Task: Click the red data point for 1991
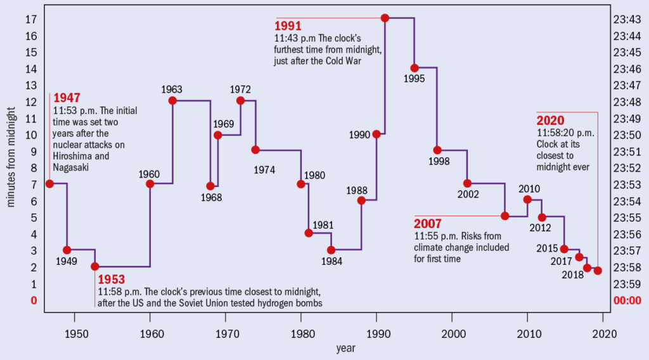click(x=385, y=18)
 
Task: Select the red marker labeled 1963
click(x=172, y=100)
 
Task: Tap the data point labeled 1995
click(x=414, y=68)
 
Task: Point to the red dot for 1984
click(x=331, y=250)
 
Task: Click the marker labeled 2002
click(x=467, y=183)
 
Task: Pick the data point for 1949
click(x=67, y=250)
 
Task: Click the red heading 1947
click(x=67, y=98)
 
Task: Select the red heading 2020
click(x=550, y=121)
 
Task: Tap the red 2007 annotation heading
click(x=428, y=224)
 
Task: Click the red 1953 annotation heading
click(x=112, y=280)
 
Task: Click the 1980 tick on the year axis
click(x=302, y=334)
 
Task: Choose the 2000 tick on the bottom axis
click(x=452, y=334)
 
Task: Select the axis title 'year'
click(x=346, y=348)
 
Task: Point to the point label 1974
click(x=266, y=169)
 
